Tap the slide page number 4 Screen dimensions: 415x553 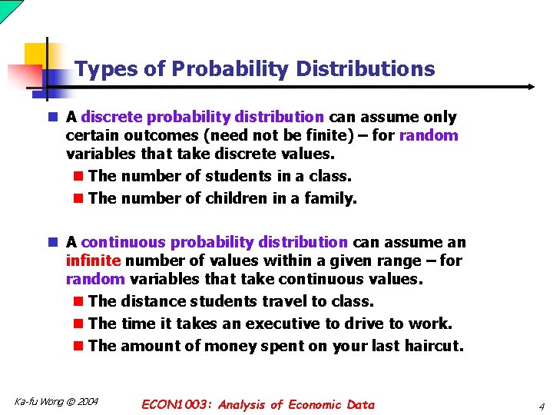(x=541, y=406)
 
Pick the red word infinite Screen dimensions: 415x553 (x=94, y=261)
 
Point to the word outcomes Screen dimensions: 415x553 (x=144, y=136)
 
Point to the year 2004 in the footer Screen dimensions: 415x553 (x=87, y=402)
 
